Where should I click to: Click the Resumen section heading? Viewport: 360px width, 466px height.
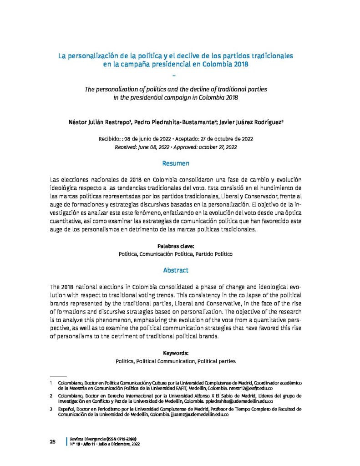[x=175, y=163]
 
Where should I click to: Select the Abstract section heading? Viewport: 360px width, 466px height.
[x=175, y=270]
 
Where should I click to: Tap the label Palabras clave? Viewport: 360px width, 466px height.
[x=175, y=246]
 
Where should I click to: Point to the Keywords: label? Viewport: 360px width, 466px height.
[x=175, y=353]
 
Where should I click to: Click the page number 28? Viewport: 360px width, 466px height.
[x=52, y=441]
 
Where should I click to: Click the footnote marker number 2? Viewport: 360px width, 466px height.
[x=52, y=396]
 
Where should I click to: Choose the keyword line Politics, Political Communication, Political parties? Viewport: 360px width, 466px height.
[x=175, y=361]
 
